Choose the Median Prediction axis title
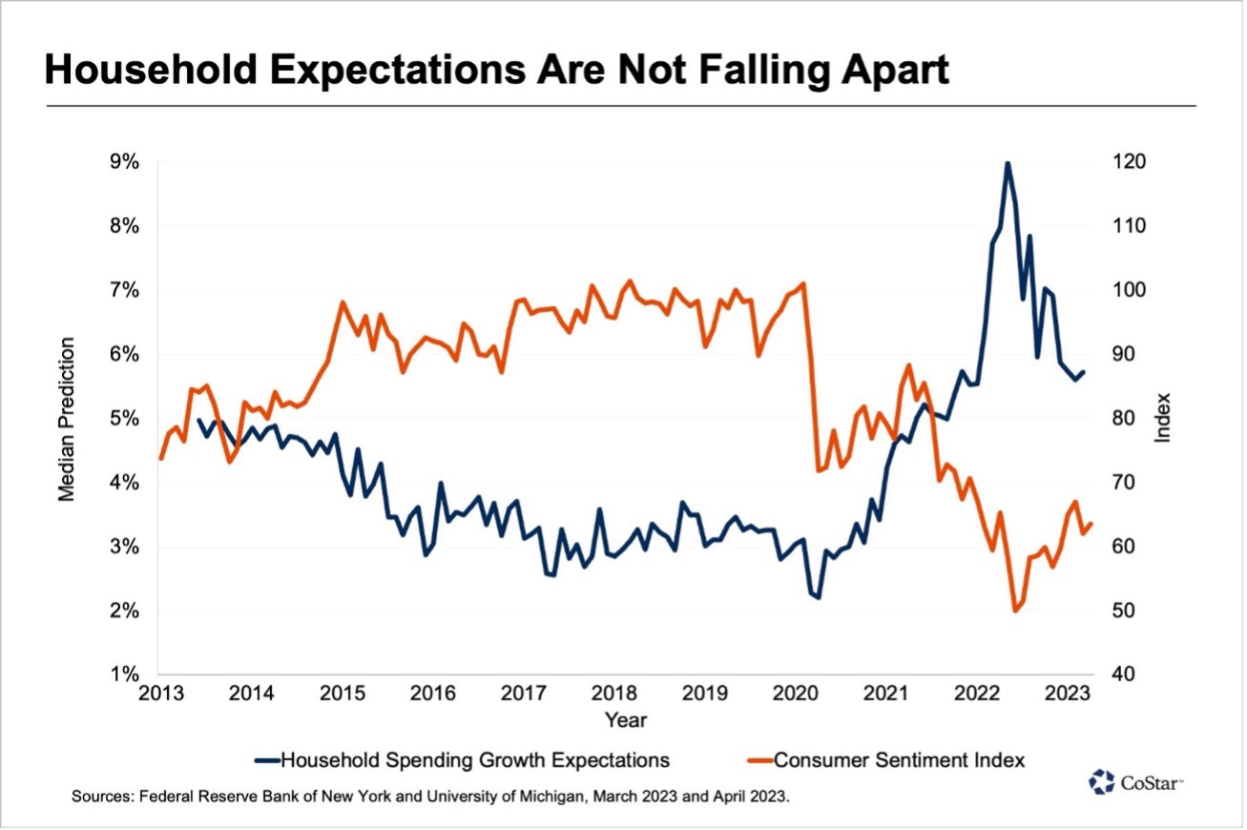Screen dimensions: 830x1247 (68, 418)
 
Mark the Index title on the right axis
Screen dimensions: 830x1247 (1163, 418)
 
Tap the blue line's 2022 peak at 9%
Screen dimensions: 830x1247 (1008, 163)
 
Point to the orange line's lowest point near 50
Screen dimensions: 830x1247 (1014, 611)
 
